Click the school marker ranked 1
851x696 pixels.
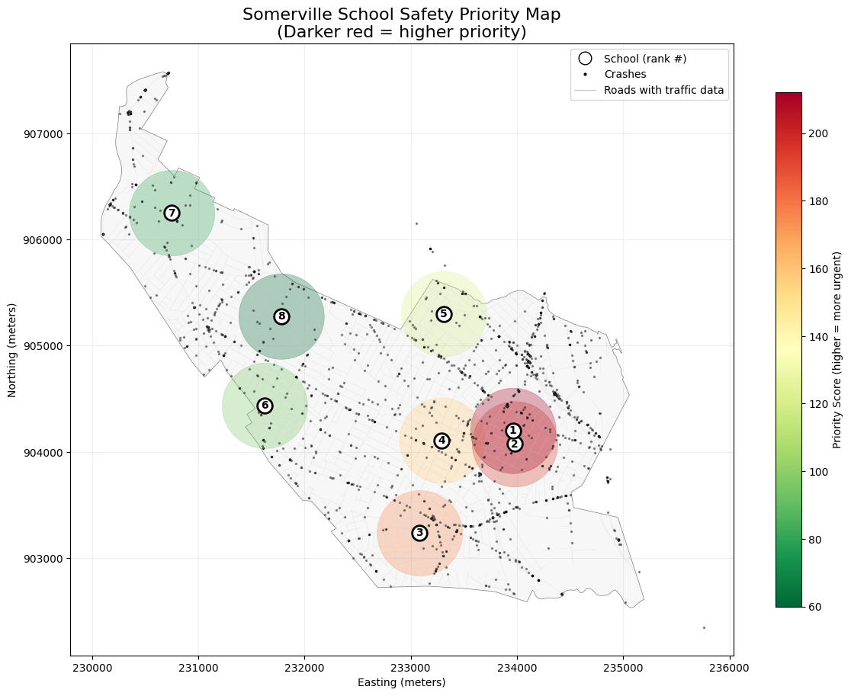[513, 431]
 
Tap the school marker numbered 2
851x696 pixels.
[515, 444]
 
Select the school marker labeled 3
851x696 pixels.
[419, 533]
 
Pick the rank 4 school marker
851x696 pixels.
[442, 441]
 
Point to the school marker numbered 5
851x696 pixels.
[444, 314]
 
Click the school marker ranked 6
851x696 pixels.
[265, 406]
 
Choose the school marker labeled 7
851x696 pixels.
[172, 213]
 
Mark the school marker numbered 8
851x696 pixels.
[281, 316]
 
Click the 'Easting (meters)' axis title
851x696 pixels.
[401, 682]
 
